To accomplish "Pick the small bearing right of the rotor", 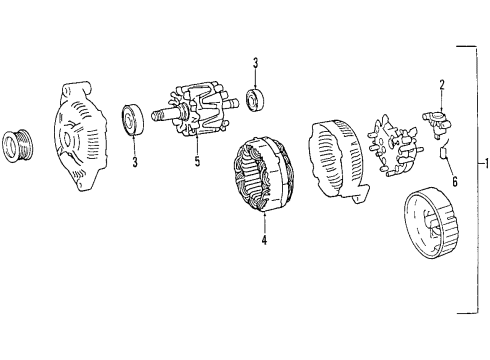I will pyautogui.click(x=256, y=100).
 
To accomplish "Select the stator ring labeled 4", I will pyautogui.click(x=262, y=180).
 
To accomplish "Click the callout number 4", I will pyautogui.click(x=263, y=240).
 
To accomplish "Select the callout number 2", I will pyautogui.click(x=440, y=84).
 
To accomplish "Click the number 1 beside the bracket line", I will pyautogui.click(x=483, y=164).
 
